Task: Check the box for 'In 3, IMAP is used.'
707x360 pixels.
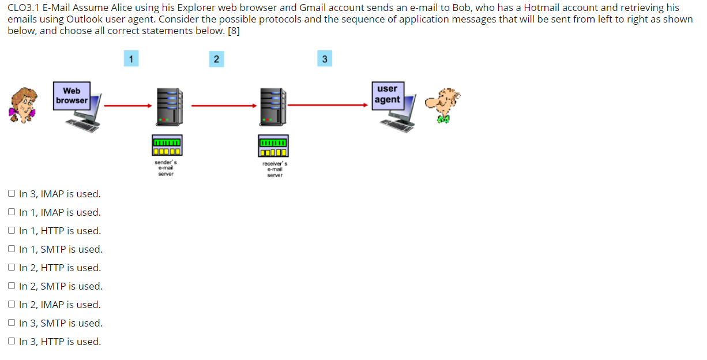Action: click(x=12, y=194)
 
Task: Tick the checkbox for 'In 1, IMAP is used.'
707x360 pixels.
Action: click(x=12, y=212)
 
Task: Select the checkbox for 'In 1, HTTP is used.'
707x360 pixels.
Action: click(x=12, y=231)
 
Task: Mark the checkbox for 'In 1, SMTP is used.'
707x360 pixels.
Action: click(x=12, y=249)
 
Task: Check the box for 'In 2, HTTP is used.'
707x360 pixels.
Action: click(x=12, y=268)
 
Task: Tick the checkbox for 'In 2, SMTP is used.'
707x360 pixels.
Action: click(x=12, y=286)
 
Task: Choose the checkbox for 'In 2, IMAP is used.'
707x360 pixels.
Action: click(x=12, y=305)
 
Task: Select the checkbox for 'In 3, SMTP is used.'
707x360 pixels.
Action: click(x=12, y=323)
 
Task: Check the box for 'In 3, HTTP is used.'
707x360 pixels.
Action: click(x=12, y=342)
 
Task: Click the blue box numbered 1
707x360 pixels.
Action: click(x=131, y=58)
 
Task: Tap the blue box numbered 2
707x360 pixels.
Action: click(x=216, y=59)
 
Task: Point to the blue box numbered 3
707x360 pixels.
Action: click(x=325, y=59)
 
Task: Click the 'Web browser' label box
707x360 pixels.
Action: click(x=72, y=96)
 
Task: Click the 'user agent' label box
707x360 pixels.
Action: click(x=387, y=94)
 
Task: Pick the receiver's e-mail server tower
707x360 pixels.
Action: click(x=273, y=107)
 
